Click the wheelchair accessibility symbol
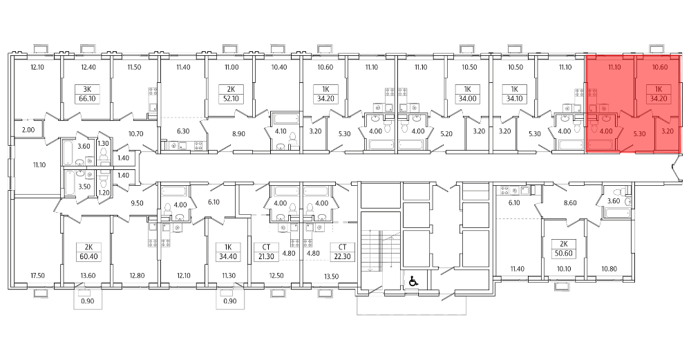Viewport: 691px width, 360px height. pos(413,281)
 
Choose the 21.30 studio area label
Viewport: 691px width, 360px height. pos(266,257)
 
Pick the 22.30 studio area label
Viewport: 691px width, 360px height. pos(343,257)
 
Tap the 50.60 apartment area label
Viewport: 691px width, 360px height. pos(564,254)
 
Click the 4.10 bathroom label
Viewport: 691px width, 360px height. pos(281,131)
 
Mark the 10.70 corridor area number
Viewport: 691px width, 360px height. pos(135,133)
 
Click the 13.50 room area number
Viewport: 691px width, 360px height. pos(331,276)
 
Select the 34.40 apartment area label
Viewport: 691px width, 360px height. pos(228,256)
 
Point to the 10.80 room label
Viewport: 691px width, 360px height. pos(609,268)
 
